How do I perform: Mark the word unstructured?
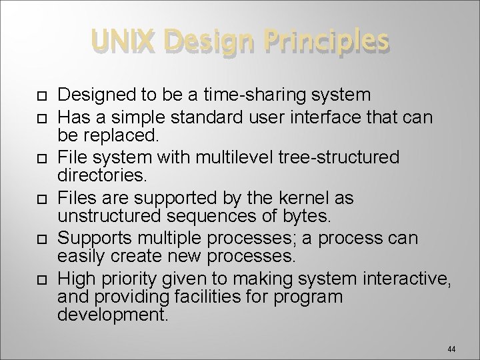pyautogui.click(x=109, y=217)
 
